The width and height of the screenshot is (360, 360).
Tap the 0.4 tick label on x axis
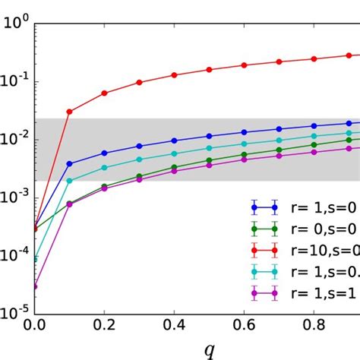pyautogui.click(x=174, y=324)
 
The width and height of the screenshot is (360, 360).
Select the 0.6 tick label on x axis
pyautogui.click(x=244, y=324)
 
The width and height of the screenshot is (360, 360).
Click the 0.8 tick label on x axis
pyautogui.click(x=314, y=324)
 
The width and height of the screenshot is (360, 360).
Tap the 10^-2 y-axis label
pyautogui.click(x=15, y=139)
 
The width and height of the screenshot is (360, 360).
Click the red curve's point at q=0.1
pyautogui.click(x=70, y=112)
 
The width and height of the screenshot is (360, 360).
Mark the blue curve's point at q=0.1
pyautogui.click(x=70, y=163)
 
